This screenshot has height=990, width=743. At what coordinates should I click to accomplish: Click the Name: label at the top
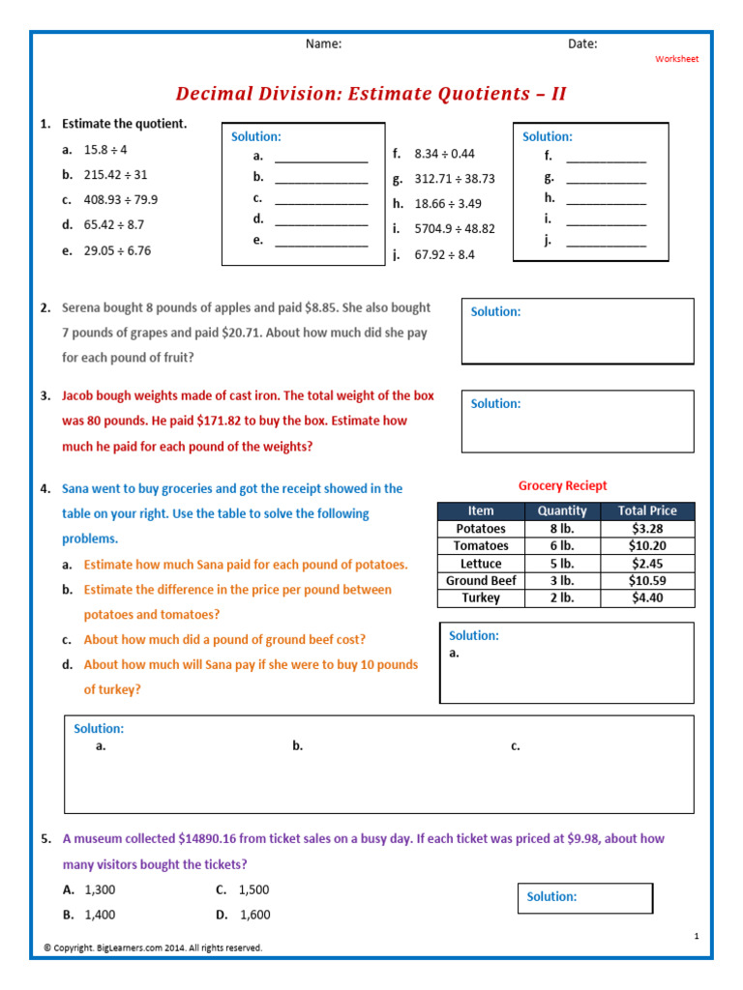pyautogui.click(x=323, y=44)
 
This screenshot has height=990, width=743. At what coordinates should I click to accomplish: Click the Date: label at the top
pyautogui.click(x=582, y=44)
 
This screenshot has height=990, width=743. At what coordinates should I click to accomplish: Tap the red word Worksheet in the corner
pyautogui.click(x=676, y=59)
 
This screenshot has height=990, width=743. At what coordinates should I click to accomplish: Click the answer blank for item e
pyautogui.click(x=321, y=243)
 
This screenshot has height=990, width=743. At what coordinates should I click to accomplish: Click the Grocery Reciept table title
pyautogui.click(x=563, y=486)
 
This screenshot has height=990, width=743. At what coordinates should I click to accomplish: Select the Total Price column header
pyautogui.click(x=647, y=510)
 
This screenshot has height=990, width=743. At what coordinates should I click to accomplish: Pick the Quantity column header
pyautogui.click(x=562, y=510)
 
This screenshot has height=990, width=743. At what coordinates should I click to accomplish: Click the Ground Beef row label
pyautogui.click(x=481, y=581)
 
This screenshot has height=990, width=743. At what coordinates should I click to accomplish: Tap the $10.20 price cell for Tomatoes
pyautogui.click(x=647, y=546)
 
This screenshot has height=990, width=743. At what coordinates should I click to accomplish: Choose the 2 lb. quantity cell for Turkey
pyautogui.click(x=562, y=598)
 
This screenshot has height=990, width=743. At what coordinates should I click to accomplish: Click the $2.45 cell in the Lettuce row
pyautogui.click(x=647, y=564)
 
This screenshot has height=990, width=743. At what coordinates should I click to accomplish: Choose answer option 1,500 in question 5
pyautogui.click(x=253, y=889)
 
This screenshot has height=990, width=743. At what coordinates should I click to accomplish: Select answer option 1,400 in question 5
pyautogui.click(x=101, y=915)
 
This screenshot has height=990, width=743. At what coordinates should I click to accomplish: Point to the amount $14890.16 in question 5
pyautogui.click(x=216, y=839)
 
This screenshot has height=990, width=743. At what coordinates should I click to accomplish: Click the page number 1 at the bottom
pyautogui.click(x=697, y=936)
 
